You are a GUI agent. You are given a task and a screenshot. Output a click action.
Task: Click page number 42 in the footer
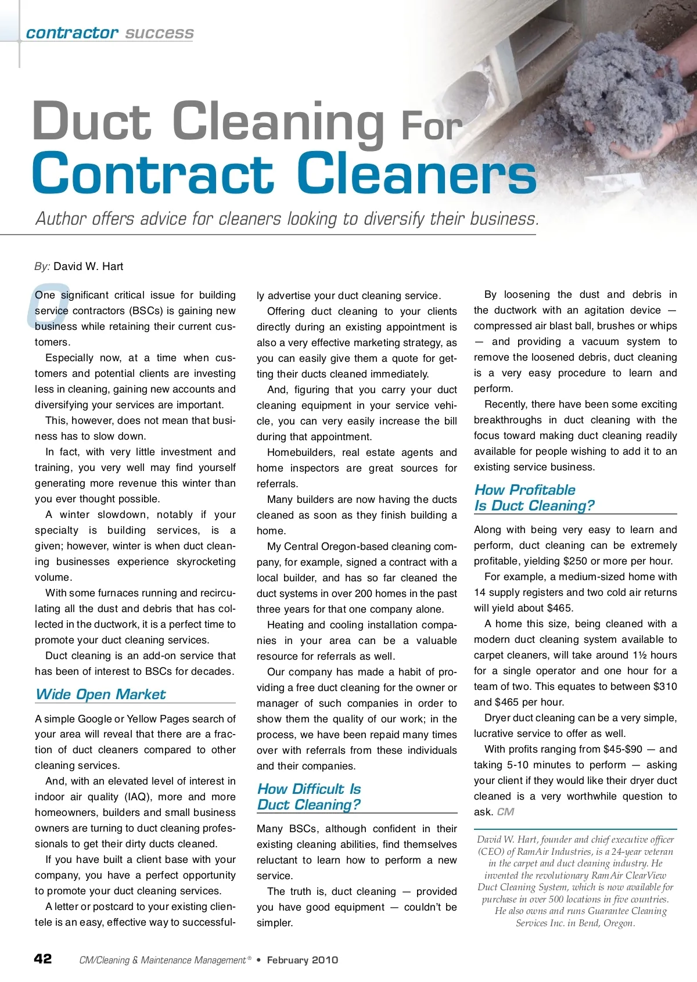coord(43,959)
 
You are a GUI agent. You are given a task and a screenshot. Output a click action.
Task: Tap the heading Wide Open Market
coord(100,695)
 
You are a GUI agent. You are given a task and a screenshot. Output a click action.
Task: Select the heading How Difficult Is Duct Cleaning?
coord(309,797)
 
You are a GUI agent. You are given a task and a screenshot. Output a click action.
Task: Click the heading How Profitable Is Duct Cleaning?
coord(534,498)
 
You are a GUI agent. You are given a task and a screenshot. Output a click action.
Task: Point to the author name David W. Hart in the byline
coord(88,267)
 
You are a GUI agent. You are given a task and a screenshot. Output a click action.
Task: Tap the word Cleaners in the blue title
coord(416,174)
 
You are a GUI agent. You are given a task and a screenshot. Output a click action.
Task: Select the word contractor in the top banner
coord(72,33)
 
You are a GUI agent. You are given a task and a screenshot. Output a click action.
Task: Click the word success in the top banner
coord(159,33)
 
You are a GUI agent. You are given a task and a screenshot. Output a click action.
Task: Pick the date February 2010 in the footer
coord(302,960)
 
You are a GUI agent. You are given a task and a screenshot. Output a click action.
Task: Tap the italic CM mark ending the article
coord(505,812)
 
